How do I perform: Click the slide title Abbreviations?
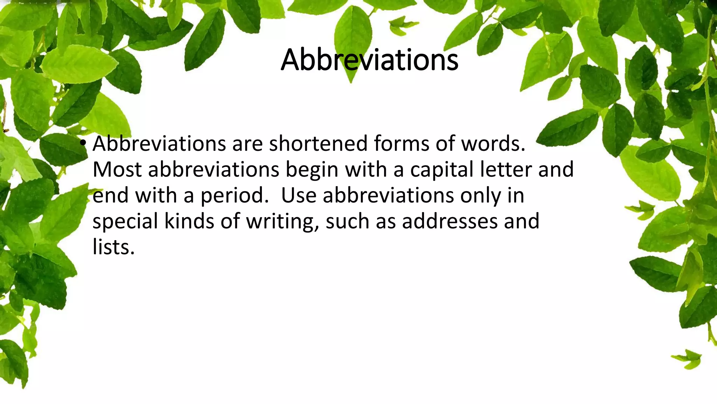tap(369, 60)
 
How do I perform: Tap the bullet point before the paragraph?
tap(83, 143)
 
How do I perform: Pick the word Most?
tap(117, 170)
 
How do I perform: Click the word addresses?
tap(450, 222)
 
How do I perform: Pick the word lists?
tap(113, 247)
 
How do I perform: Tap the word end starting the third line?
tap(111, 196)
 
